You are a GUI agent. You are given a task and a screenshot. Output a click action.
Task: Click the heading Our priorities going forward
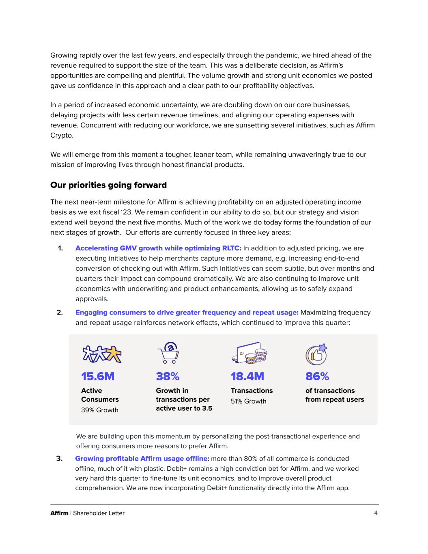[108, 185]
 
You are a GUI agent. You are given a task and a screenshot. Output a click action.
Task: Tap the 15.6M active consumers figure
[98, 377]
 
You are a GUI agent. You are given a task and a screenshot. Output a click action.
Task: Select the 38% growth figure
[168, 377]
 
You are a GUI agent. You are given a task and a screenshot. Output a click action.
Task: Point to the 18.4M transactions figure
[247, 377]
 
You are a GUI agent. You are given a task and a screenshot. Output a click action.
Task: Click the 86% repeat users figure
[317, 377]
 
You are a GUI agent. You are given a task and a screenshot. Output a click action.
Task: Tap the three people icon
[102, 354]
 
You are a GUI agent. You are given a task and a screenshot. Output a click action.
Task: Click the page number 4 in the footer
[376, 513]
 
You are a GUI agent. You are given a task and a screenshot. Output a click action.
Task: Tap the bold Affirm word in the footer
[59, 513]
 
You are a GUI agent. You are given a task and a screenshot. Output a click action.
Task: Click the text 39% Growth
[100, 410]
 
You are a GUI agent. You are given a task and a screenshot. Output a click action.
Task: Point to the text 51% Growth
[248, 401]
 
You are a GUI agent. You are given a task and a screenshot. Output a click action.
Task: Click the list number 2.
[60, 313]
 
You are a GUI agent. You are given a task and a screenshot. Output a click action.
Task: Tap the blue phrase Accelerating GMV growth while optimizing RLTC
[158, 248]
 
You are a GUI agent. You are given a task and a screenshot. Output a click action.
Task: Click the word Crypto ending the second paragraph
[62, 135]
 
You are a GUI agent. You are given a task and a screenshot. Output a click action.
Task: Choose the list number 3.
[59, 459]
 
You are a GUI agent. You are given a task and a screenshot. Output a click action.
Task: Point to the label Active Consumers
[100, 395]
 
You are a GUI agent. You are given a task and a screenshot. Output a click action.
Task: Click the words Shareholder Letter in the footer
[99, 513]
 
